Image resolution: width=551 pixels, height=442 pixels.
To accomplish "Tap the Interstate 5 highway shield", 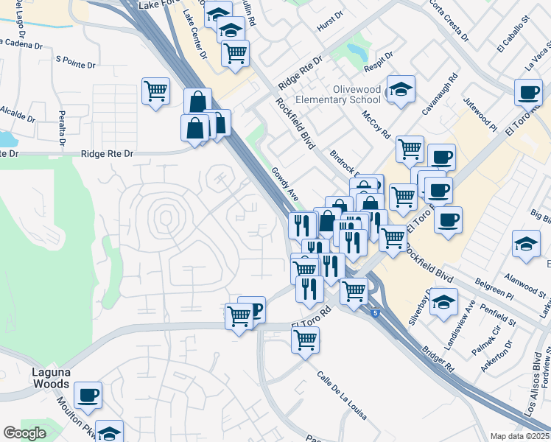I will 376,313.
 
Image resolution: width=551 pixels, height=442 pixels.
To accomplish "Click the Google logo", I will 25,433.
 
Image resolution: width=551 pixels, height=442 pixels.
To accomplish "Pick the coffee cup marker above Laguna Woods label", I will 88,395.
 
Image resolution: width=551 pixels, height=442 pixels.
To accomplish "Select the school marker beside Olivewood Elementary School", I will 401,90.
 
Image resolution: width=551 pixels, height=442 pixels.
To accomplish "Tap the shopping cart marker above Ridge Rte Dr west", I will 155,92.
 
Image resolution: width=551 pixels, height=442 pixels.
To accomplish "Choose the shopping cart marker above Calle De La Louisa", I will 305,340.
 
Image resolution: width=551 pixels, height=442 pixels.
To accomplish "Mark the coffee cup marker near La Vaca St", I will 527,92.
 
